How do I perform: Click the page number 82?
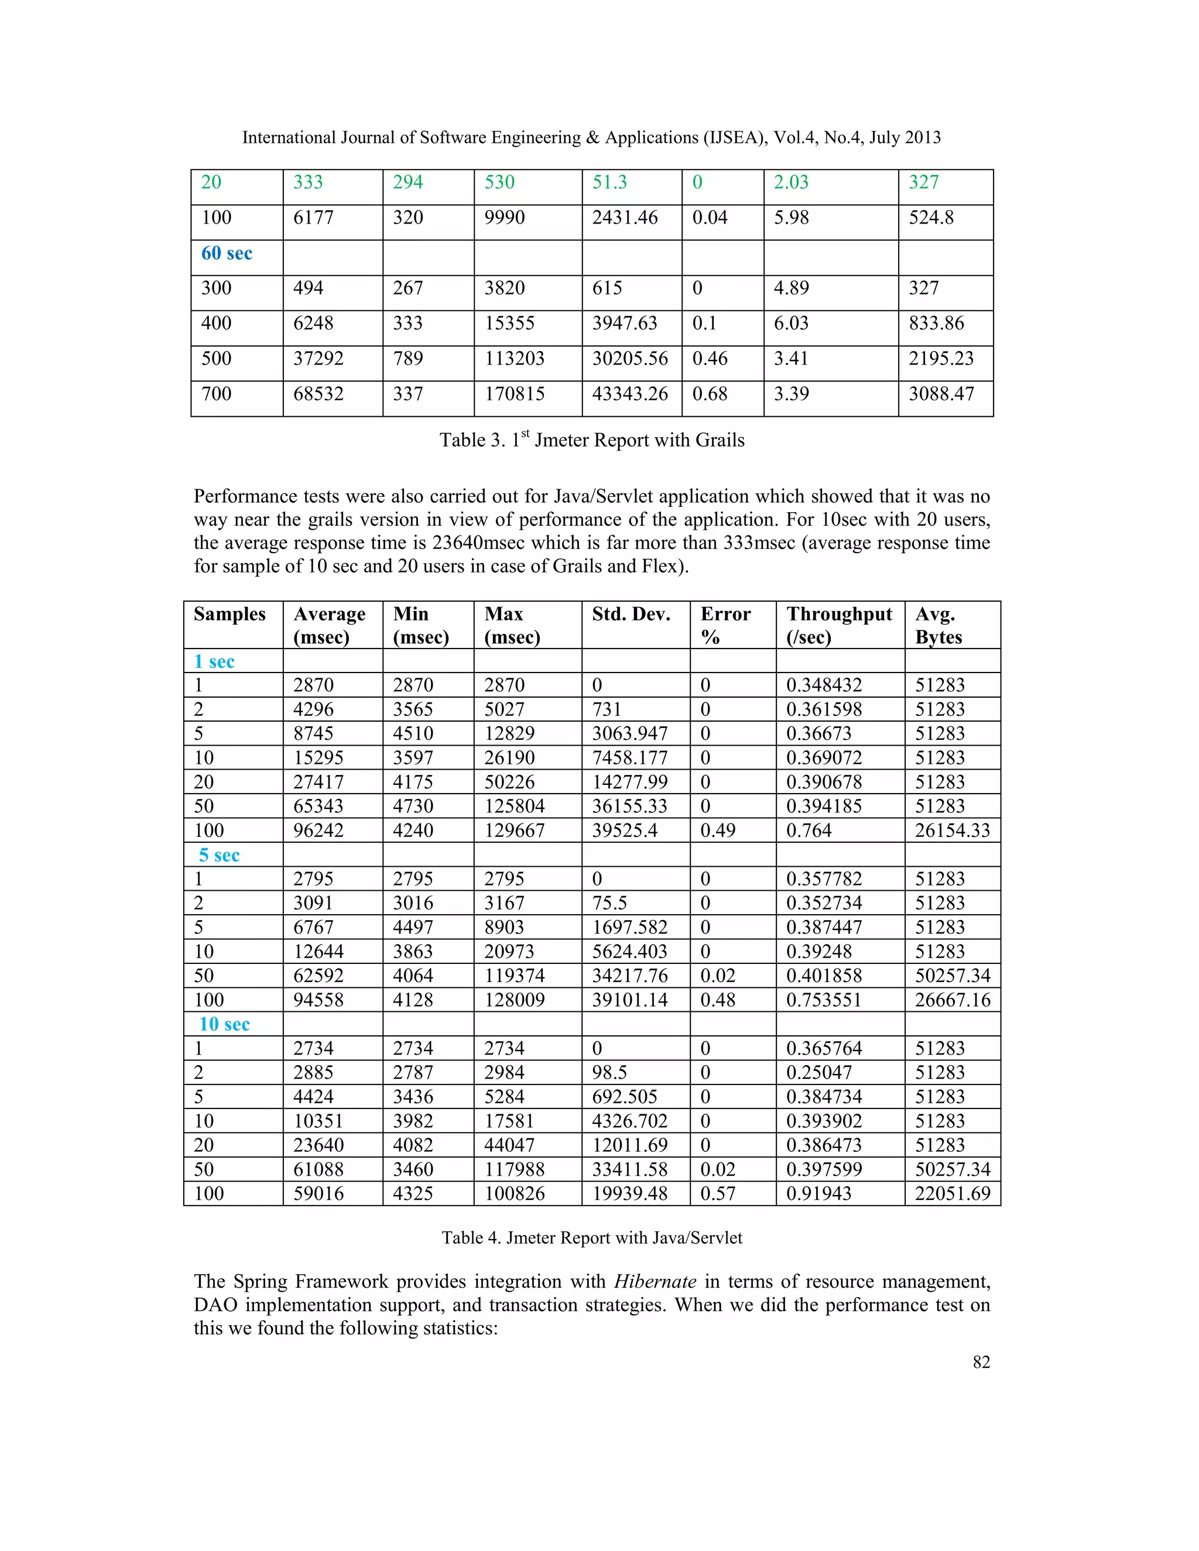[981, 1361]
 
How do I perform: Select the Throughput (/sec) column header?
[839, 625]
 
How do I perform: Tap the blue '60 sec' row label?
[227, 253]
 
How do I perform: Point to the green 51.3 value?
[609, 183]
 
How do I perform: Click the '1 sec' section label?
[214, 662]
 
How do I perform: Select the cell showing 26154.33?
[952, 830]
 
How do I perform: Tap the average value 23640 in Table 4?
[318, 1145]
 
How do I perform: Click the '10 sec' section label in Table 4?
[224, 1024]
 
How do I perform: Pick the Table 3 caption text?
[592, 440]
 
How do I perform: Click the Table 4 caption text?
[592, 1238]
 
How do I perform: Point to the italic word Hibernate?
[655, 1281]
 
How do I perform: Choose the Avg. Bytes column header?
[938, 625]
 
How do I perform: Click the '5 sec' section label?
[219, 855]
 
